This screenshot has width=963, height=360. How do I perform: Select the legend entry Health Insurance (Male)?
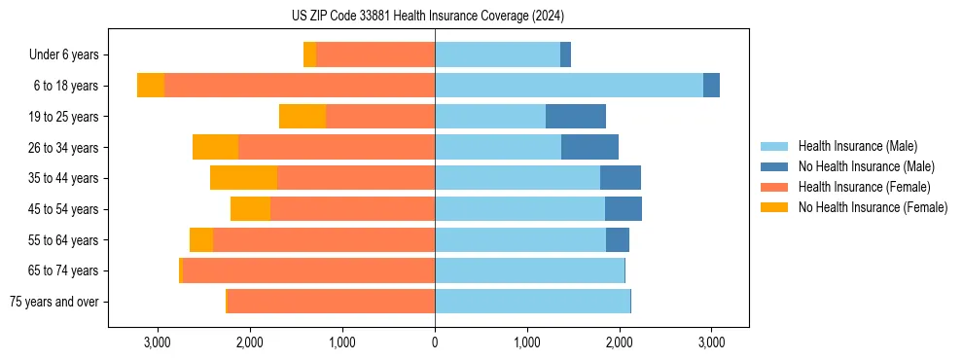pyautogui.click(x=857, y=146)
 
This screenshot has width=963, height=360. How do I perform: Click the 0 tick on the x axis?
pyautogui.click(x=435, y=342)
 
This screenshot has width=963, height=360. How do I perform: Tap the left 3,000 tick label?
pyautogui.click(x=158, y=342)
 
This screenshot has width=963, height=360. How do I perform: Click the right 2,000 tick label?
pyautogui.click(x=619, y=342)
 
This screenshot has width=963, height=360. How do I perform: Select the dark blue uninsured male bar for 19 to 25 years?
pyautogui.click(x=576, y=117)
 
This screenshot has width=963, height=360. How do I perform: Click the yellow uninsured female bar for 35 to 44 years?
pyautogui.click(x=243, y=178)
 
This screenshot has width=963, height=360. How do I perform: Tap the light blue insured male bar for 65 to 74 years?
pyautogui.click(x=529, y=270)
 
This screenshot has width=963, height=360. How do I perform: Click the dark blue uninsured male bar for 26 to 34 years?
pyautogui.click(x=589, y=147)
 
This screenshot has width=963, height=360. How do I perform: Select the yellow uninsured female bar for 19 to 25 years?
pyautogui.click(x=303, y=117)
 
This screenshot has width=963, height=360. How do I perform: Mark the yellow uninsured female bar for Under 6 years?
pyautogui.click(x=309, y=55)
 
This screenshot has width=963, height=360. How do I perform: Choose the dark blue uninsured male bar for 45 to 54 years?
pyautogui.click(x=624, y=209)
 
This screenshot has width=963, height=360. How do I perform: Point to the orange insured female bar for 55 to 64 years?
pyautogui.click(x=324, y=239)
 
